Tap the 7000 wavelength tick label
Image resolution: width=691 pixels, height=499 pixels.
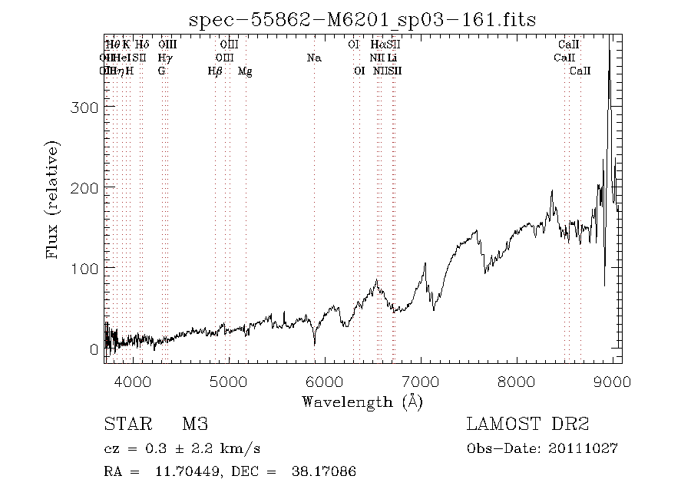(421, 382)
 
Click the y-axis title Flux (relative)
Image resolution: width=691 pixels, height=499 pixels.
(53, 199)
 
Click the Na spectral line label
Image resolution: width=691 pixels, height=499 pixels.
(313, 58)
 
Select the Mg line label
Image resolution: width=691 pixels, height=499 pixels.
(245, 71)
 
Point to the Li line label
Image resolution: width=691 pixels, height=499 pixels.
(392, 58)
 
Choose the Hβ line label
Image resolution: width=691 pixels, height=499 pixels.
(215, 71)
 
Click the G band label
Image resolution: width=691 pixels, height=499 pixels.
(161, 71)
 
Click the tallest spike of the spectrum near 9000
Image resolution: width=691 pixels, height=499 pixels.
(610, 46)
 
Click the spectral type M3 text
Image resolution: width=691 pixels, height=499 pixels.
(195, 425)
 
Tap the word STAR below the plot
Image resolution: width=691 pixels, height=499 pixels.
(124, 425)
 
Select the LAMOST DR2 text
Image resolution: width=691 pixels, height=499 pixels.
(527, 425)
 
